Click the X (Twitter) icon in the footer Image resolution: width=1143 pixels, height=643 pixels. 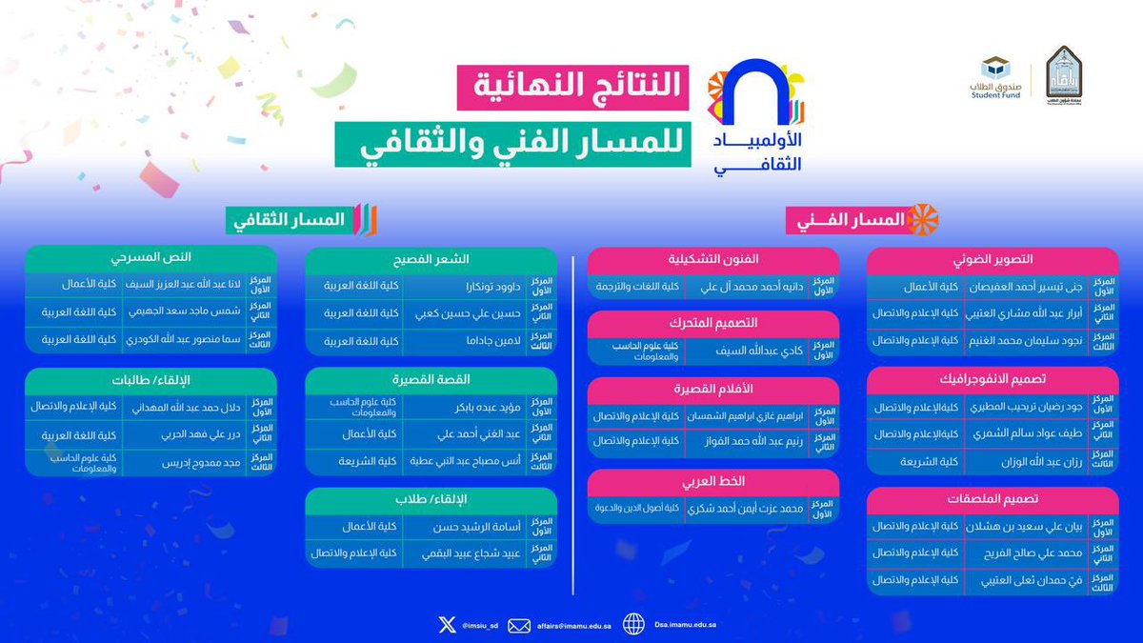click(x=447, y=625)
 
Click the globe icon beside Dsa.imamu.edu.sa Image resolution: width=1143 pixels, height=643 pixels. click(x=634, y=625)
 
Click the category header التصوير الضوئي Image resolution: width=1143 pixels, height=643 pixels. click(x=993, y=259)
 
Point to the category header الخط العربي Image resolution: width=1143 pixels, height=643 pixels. click(x=713, y=481)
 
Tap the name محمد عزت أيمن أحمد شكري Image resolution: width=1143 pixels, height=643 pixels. click(x=757, y=510)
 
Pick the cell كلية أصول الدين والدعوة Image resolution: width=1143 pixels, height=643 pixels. click(x=632, y=510)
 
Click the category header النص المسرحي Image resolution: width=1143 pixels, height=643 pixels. click(x=150, y=258)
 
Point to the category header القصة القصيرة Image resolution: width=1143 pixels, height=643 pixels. click(x=431, y=379)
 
